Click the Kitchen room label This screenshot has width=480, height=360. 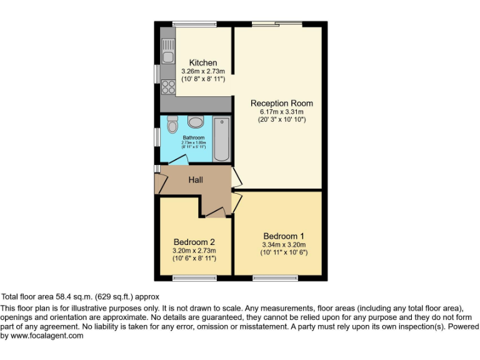pos(203,62)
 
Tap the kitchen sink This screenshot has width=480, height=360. pos(167,51)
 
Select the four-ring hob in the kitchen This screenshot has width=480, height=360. pos(167,86)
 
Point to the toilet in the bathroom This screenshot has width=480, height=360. pos(172,126)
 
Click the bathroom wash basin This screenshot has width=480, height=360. pos(195,121)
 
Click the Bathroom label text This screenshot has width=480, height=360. pos(194,137)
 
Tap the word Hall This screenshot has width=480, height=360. pos(196,180)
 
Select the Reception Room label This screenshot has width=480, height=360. pos(282,103)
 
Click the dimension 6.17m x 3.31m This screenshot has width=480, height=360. pos(282,111)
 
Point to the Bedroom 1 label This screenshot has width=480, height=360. pos(284,236)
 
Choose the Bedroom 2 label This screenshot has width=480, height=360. pos(194,242)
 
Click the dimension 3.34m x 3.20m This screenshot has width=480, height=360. pos(284,244)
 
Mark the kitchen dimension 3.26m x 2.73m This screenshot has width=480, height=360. pos(203,71)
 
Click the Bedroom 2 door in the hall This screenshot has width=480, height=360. pos(214,213)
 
